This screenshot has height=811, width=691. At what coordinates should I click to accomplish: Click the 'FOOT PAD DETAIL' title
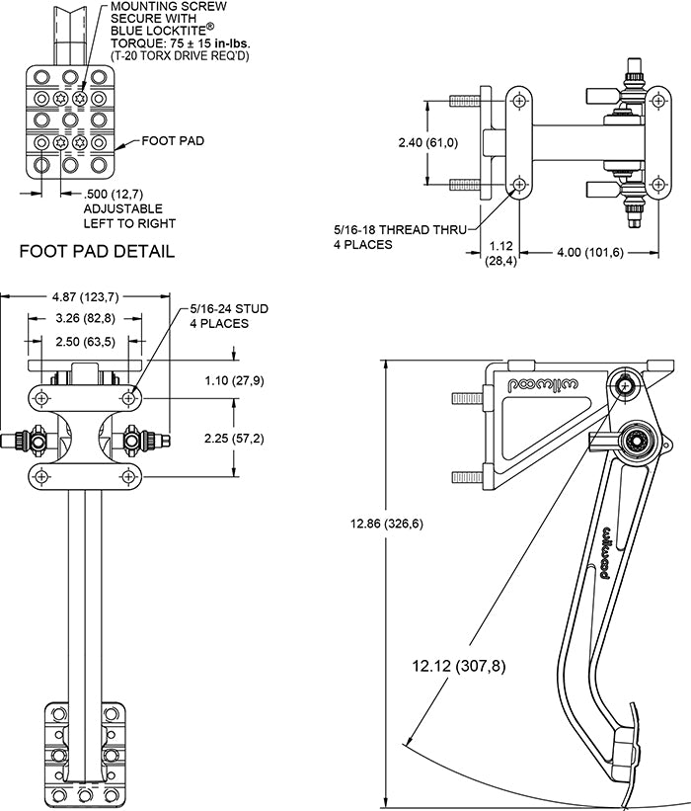click(97, 251)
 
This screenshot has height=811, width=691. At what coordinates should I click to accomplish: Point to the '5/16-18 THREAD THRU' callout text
click(400, 229)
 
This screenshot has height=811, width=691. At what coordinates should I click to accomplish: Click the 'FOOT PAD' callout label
click(173, 141)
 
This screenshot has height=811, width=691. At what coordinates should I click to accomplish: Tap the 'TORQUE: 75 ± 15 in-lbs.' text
click(183, 42)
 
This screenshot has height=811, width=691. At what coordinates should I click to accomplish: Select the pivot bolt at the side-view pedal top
click(625, 384)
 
